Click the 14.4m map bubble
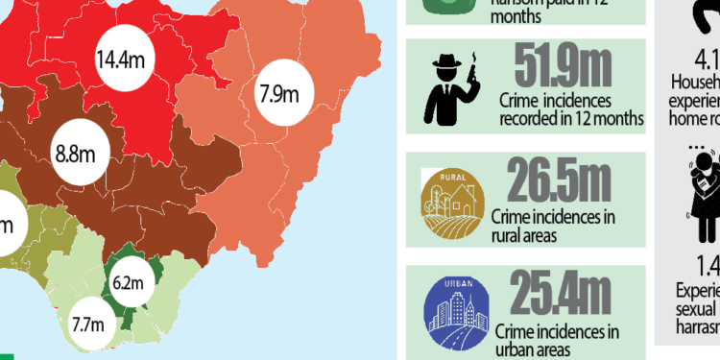point(121,60)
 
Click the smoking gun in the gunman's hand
point(474,71)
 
